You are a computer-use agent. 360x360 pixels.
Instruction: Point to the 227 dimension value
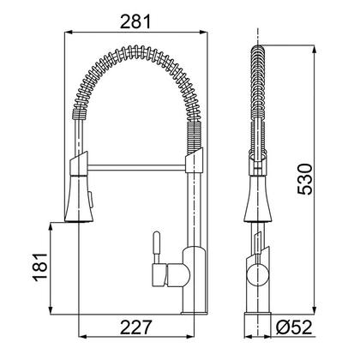point(138,327)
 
